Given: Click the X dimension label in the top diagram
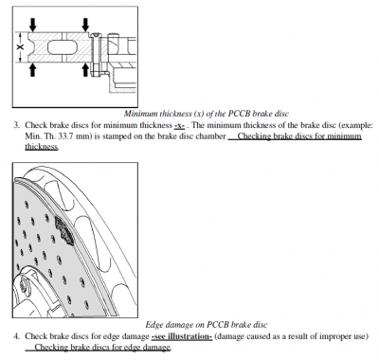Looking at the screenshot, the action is (21, 47).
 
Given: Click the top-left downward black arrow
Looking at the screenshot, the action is (33, 24).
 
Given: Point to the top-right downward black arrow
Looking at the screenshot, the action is (85, 25).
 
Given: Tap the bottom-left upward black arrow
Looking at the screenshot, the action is (33, 70).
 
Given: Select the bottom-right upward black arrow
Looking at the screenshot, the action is (85, 70).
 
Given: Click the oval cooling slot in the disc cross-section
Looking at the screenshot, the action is (63, 47).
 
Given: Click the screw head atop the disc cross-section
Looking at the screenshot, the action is (95, 35).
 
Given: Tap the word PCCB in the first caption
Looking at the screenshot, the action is (240, 114).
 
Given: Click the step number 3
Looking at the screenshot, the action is (16, 125).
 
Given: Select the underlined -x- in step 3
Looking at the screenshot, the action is (179, 126).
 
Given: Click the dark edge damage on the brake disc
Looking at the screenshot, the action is (65, 230).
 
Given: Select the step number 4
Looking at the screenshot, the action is (16, 336).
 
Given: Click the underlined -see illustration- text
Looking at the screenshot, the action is (182, 336).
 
